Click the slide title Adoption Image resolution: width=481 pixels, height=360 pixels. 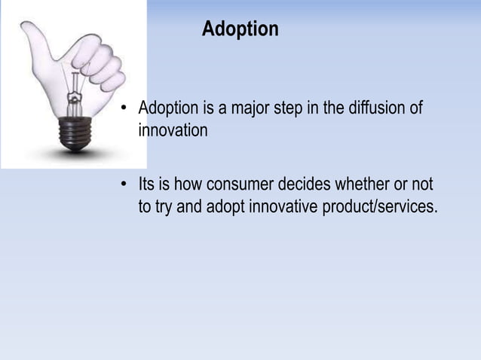pos(240,29)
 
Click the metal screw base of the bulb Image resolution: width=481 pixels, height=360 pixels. pos(75,134)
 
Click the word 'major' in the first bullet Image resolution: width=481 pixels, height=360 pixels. pos(253,108)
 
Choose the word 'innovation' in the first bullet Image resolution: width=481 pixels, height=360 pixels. pos(173,130)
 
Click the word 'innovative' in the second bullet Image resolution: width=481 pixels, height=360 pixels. pos(283,207)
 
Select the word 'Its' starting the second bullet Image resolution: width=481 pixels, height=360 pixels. pos(147,185)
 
